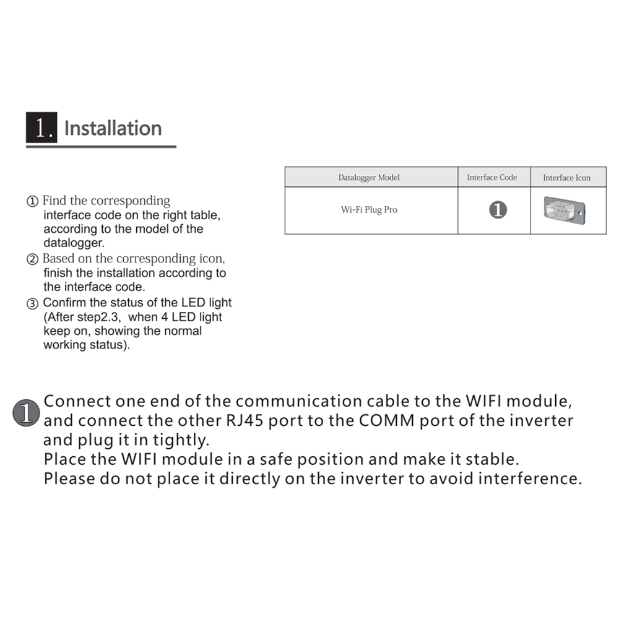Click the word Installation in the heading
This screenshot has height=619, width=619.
pos(113,128)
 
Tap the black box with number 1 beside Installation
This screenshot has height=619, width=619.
pos(41,128)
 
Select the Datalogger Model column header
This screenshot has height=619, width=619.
pos(369,178)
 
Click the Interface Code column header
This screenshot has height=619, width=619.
pos(491,178)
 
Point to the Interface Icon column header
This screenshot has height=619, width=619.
pos(566,178)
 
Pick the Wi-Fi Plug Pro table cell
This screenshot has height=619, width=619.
pos(369,210)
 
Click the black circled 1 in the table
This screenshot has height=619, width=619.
pos(498,210)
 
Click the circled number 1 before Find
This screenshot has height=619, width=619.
pos(32,202)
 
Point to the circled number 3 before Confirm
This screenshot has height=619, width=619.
pos(32,304)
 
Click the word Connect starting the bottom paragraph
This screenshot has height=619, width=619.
pos(78,401)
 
